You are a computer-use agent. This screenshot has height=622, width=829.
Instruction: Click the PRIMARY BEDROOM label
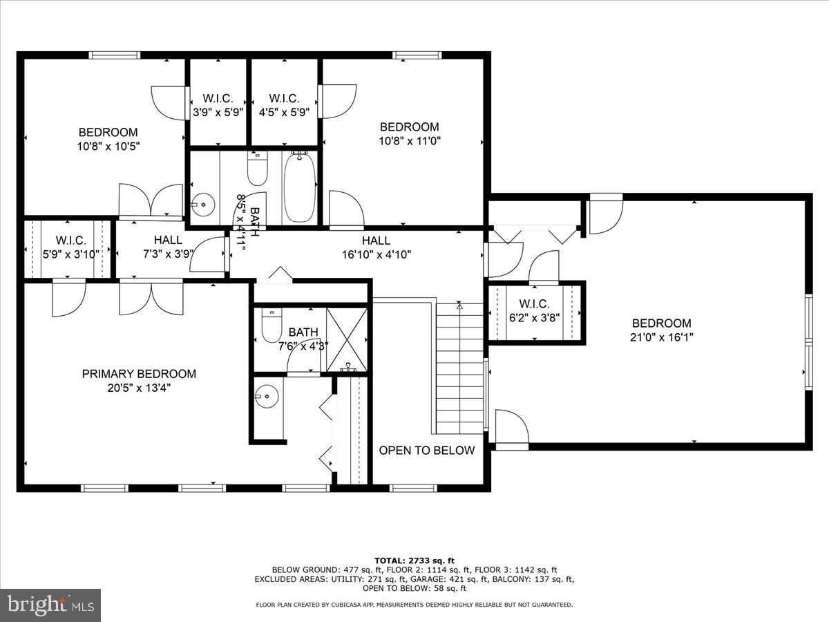tap(139, 374)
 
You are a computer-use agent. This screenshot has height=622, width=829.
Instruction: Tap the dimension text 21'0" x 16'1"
tap(661, 337)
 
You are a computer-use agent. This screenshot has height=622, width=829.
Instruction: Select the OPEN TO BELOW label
tap(426, 451)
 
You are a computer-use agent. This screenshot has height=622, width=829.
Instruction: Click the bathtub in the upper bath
tap(300, 187)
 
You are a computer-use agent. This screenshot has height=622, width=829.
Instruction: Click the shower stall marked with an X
tap(347, 339)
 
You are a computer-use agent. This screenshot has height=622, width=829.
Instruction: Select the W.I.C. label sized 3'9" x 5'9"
tap(218, 99)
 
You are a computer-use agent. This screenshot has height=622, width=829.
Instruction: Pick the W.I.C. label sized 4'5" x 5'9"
tap(285, 99)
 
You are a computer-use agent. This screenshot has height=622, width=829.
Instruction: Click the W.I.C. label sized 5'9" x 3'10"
tap(70, 241)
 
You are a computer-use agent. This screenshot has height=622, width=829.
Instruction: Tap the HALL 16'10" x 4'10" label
tap(376, 241)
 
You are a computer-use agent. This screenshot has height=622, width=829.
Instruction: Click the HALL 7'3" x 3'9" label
tap(168, 240)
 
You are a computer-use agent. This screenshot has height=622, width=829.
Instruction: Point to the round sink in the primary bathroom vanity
tap(265, 396)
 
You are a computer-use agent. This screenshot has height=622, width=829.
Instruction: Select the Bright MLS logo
tap(50, 605)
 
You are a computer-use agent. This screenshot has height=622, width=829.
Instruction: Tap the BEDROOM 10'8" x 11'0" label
tap(409, 127)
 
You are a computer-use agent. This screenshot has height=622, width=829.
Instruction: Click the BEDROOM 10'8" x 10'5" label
tap(108, 133)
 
